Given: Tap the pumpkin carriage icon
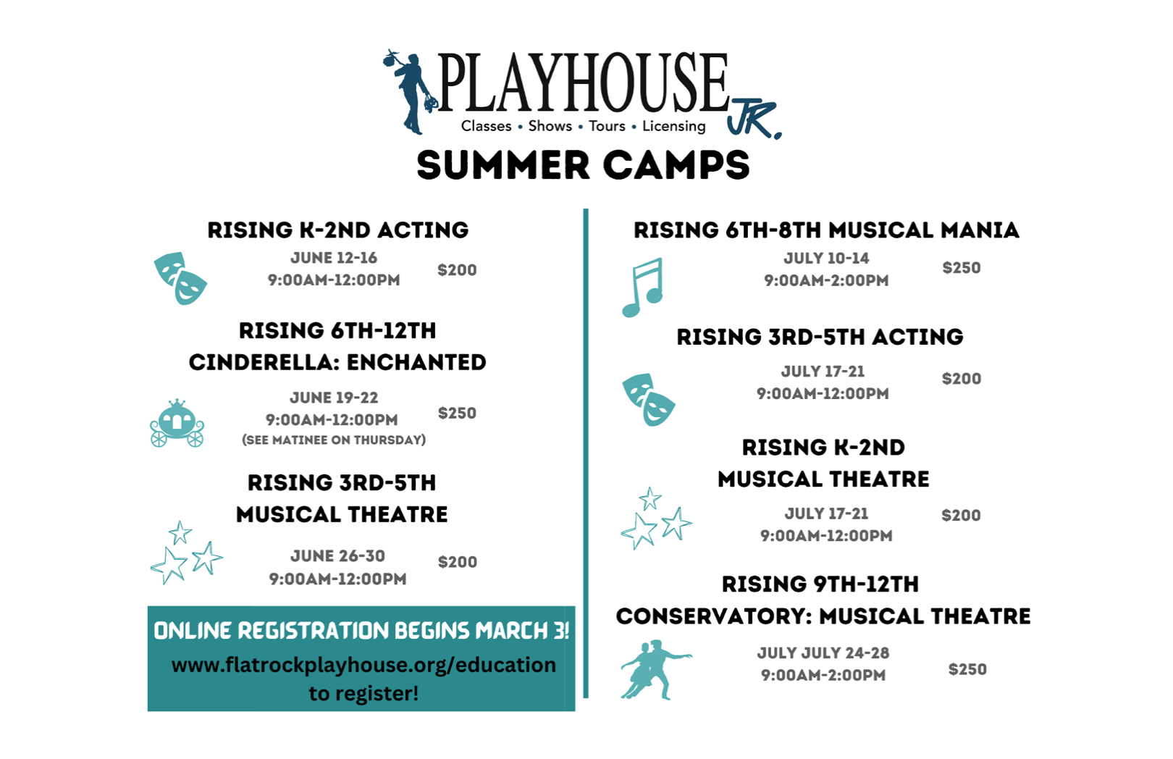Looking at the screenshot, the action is pyautogui.click(x=177, y=423).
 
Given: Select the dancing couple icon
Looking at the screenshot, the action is pyautogui.click(x=655, y=669).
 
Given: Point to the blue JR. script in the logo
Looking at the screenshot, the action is pyautogui.click(x=754, y=118).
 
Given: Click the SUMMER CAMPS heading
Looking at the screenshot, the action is pyautogui.click(x=584, y=165).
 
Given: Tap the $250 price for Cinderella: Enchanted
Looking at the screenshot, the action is pyautogui.click(x=457, y=414).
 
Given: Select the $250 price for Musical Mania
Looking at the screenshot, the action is pyautogui.click(x=962, y=268).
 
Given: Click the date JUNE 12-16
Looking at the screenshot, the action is pyautogui.click(x=334, y=258).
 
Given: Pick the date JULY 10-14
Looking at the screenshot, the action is pyautogui.click(x=826, y=259).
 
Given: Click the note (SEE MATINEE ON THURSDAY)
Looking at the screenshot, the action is pyautogui.click(x=334, y=440).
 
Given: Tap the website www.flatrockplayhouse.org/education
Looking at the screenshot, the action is pyautogui.click(x=363, y=665).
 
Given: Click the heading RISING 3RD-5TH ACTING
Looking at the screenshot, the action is pyautogui.click(x=820, y=337).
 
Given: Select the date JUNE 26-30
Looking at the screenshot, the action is pyautogui.click(x=337, y=555).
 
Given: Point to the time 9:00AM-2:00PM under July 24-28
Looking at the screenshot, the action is pyautogui.click(x=823, y=675).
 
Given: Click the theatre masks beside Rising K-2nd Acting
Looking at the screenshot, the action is pyautogui.click(x=180, y=278).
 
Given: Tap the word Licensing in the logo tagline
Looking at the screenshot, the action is pyautogui.click(x=674, y=127).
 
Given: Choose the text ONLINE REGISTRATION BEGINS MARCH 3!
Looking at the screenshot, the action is pyautogui.click(x=361, y=631).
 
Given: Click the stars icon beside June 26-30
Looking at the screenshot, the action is pyautogui.click(x=186, y=553).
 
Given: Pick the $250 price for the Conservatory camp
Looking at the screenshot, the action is pyautogui.click(x=967, y=669).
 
